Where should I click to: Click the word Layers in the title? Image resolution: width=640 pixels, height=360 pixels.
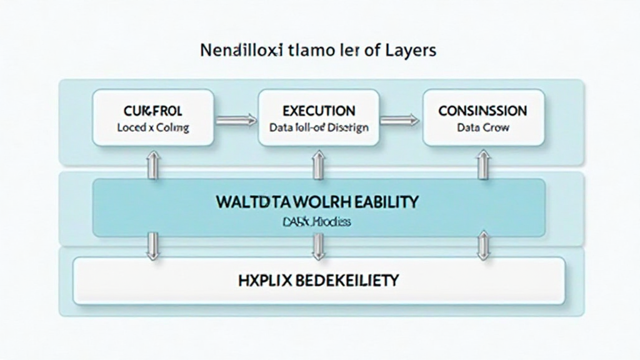click(x=411, y=51)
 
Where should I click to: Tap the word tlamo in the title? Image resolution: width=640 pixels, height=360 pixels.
click(x=311, y=51)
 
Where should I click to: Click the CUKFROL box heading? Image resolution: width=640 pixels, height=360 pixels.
click(x=153, y=111)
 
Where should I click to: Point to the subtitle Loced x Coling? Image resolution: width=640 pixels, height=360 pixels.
click(x=153, y=127)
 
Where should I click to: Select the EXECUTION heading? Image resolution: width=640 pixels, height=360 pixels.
click(x=319, y=111)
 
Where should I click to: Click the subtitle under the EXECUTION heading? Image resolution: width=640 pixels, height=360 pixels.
click(x=319, y=127)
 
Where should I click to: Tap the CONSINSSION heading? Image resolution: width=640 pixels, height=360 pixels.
click(x=482, y=111)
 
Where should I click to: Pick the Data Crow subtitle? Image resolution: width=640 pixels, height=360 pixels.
click(x=482, y=127)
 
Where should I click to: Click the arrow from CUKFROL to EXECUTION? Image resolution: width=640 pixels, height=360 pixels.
click(x=236, y=119)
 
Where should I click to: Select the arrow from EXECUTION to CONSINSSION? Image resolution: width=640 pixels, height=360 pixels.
click(x=400, y=119)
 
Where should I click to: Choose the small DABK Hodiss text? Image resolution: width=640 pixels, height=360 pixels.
click(x=318, y=222)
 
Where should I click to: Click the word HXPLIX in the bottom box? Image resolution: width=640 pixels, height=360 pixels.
click(x=263, y=280)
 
